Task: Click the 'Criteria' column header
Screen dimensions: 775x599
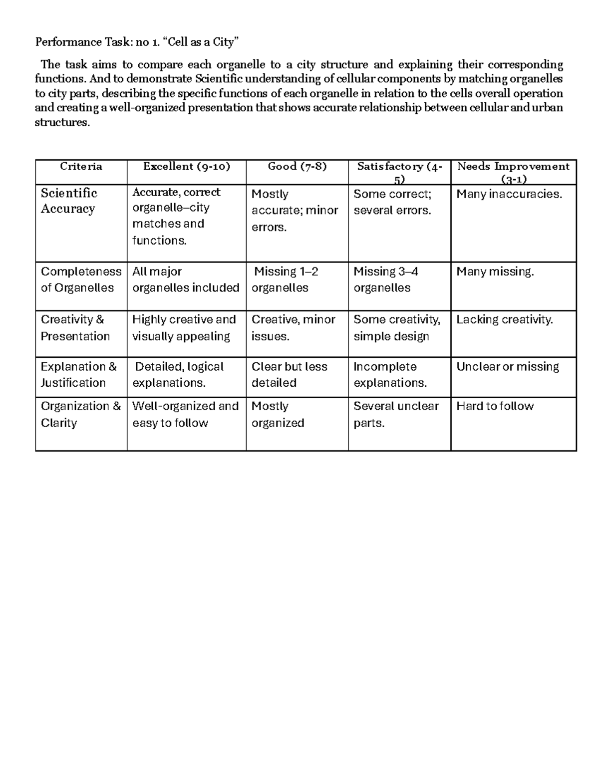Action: point(81,167)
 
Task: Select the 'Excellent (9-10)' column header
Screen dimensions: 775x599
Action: point(186,167)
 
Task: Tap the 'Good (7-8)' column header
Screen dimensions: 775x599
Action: point(297,167)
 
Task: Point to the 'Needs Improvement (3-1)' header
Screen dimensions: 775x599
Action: point(513,173)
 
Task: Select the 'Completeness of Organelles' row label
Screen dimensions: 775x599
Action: point(81,279)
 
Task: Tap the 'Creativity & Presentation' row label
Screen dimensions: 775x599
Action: point(75,327)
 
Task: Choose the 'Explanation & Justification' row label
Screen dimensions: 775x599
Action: point(78,374)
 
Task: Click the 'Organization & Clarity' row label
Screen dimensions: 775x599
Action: point(80,414)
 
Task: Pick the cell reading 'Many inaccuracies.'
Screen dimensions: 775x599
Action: point(509,194)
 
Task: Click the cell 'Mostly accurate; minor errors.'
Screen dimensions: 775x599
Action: point(295,210)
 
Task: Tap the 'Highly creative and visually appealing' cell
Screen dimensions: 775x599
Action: point(184,327)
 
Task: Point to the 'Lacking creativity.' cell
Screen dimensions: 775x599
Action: point(505,319)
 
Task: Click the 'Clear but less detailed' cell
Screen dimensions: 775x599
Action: point(289,374)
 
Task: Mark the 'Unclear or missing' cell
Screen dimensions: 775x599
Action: point(508,367)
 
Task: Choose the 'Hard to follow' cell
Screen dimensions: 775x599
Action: point(495,406)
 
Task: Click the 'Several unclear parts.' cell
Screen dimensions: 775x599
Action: point(396,414)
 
